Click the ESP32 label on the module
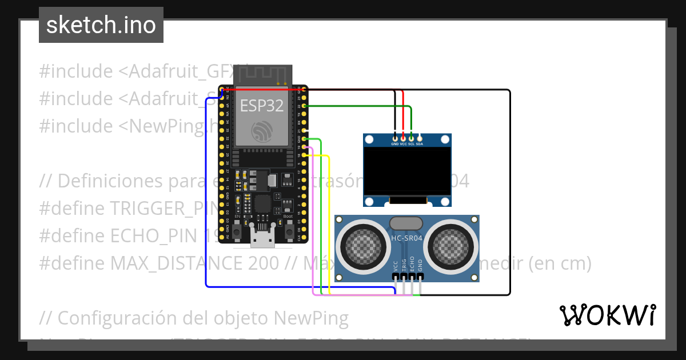click(x=261, y=106)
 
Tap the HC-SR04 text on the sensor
click(x=406, y=238)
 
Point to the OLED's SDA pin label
click(x=420, y=144)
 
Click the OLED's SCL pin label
click(x=411, y=144)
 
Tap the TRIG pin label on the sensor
click(x=404, y=264)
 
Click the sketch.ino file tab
click(x=101, y=25)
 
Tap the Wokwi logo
click(x=607, y=315)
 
